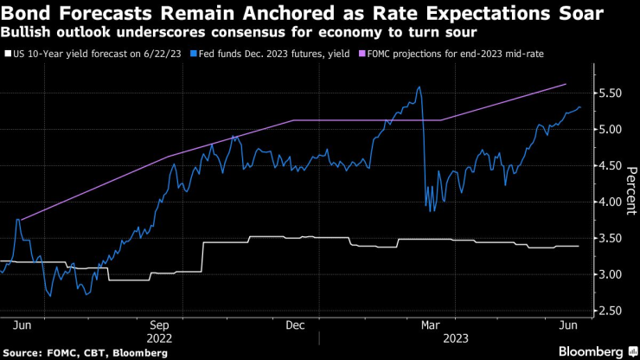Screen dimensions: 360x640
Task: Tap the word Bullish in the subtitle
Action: coord(28,33)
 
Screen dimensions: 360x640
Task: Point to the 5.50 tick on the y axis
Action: coord(611,93)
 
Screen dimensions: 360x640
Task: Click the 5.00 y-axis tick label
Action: coord(611,130)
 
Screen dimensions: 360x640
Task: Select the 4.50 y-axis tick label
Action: coord(611,166)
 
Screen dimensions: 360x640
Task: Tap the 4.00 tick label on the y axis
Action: coord(611,202)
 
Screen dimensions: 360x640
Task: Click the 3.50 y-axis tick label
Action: coord(611,238)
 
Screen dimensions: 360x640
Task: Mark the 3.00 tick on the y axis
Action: coord(611,274)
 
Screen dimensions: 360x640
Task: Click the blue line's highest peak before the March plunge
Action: coord(419,87)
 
